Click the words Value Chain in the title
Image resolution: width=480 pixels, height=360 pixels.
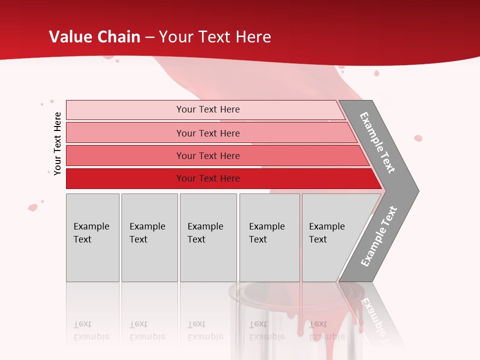(x=95, y=37)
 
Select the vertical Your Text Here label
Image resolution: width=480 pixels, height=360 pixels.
(x=57, y=143)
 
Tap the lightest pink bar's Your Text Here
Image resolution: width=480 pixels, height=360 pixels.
(x=208, y=109)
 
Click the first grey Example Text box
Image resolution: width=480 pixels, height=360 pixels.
(x=92, y=237)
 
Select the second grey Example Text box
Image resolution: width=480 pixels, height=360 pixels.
(x=149, y=237)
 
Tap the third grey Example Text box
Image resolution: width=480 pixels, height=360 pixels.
(x=208, y=237)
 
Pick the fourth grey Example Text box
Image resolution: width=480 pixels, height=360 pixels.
(x=269, y=237)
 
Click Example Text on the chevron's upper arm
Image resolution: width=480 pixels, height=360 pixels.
(x=377, y=142)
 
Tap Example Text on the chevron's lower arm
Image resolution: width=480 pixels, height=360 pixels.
(x=378, y=236)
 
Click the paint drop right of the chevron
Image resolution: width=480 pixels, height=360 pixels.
(x=418, y=138)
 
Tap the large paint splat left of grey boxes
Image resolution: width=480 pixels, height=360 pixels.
(x=33, y=207)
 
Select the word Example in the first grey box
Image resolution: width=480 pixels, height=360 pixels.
(x=91, y=226)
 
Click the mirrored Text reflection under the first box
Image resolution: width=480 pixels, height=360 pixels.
(x=82, y=324)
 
